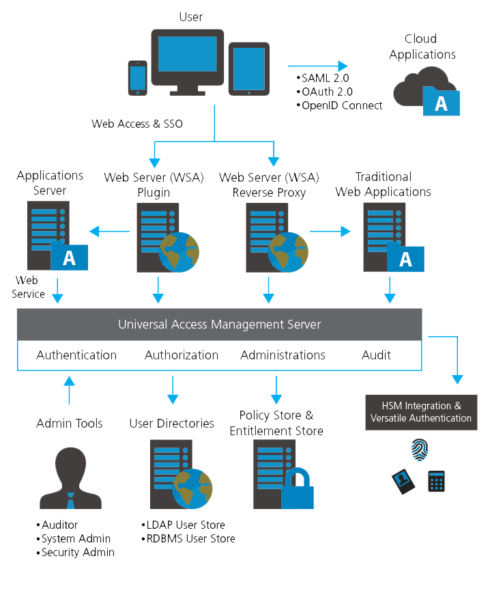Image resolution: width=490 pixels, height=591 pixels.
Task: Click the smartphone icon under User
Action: click(138, 77)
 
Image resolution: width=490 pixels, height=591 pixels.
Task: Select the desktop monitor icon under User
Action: click(187, 59)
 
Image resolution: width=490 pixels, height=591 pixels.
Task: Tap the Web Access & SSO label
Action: click(137, 124)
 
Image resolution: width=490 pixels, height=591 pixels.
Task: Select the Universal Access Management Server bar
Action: click(219, 324)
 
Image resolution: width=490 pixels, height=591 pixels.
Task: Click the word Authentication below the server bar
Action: click(76, 355)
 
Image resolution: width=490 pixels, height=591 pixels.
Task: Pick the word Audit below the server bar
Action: click(376, 355)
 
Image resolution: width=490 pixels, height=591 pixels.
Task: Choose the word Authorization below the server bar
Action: click(182, 355)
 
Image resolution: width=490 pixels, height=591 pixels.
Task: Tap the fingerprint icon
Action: click(418, 450)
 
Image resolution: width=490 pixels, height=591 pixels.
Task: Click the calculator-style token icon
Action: click(437, 481)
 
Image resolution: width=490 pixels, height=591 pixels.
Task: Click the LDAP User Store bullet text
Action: click(184, 525)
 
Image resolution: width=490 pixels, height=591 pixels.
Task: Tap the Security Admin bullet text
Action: click(75, 552)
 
